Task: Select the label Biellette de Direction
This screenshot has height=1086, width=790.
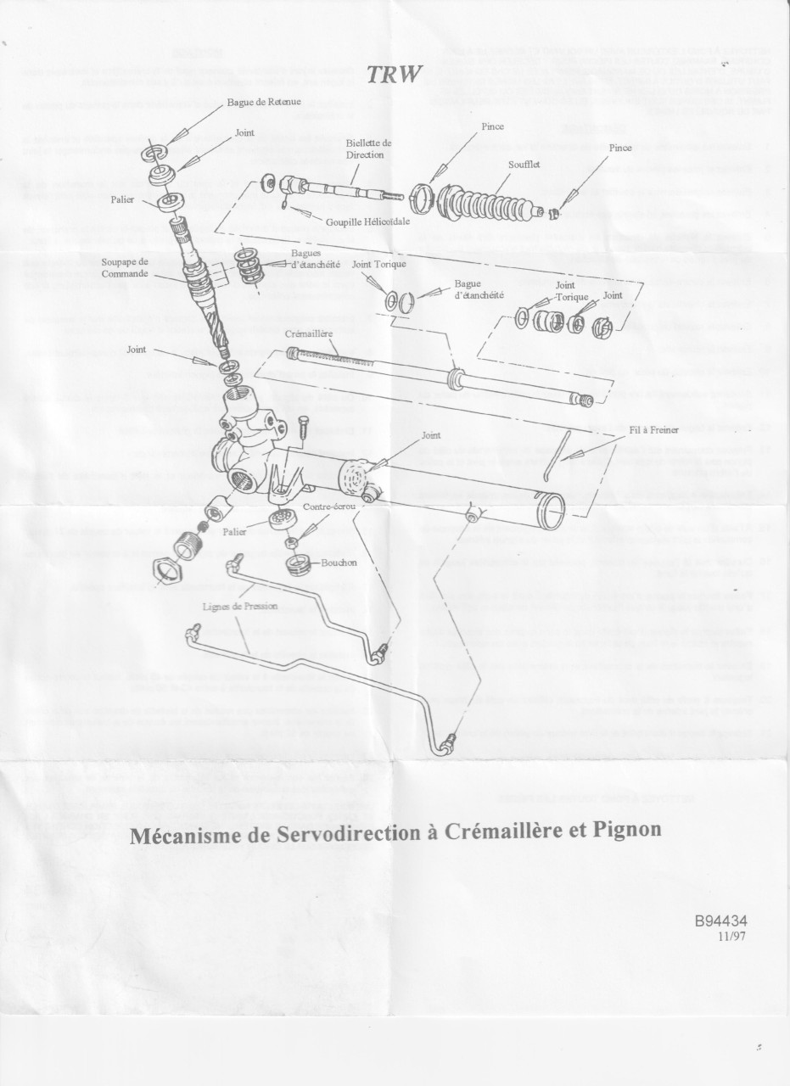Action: point(369,149)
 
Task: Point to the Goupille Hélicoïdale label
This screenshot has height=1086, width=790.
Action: point(367,221)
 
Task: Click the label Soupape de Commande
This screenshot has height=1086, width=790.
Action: point(125,267)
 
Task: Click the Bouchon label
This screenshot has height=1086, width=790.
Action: point(339,562)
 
